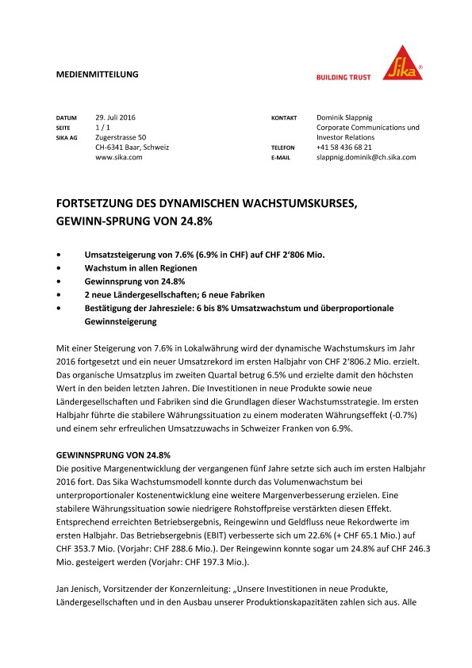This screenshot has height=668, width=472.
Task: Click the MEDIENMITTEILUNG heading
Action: click(x=98, y=74)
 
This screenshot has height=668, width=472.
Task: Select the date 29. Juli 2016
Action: click(x=116, y=117)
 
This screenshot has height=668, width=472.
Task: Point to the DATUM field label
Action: click(x=66, y=118)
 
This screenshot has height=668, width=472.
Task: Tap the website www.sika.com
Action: click(x=118, y=157)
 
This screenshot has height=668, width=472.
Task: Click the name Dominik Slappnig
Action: click(x=349, y=117)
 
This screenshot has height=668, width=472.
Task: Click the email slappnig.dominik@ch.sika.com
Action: click(x=366, y=157)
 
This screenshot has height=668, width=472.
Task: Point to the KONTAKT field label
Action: click(x=284, y=118)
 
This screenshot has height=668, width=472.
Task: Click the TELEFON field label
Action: click(x=283, y=148)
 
